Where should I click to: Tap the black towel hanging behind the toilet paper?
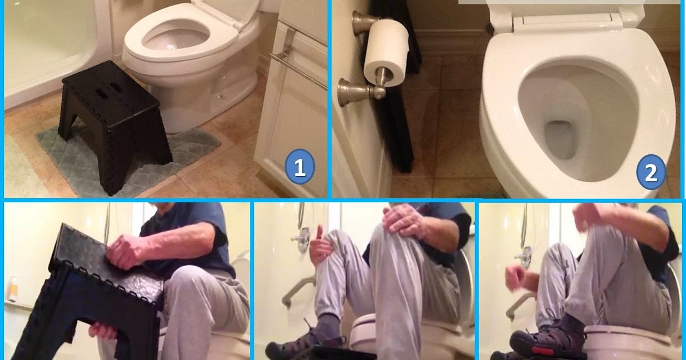pos(400,126)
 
